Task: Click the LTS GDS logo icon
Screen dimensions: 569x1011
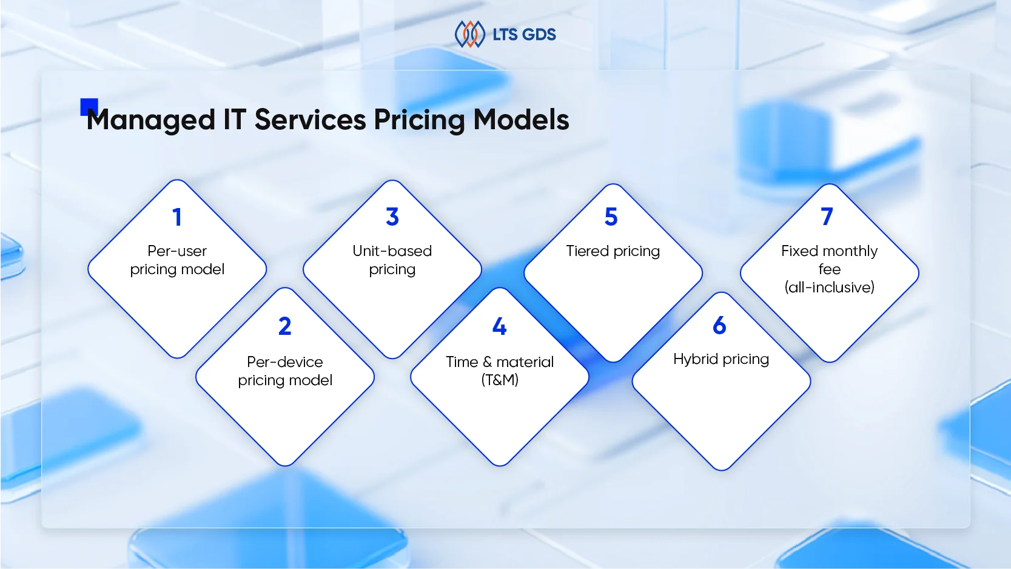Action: coord(470,34)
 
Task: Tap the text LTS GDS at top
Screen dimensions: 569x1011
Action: coord(524,35)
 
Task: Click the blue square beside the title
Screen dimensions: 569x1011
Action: coord(89,106)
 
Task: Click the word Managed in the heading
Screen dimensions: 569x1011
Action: coord(151,120)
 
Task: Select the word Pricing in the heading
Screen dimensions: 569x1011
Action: coord(419,120)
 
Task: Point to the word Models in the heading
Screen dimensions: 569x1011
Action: coord(521,120)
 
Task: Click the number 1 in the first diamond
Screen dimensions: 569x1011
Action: coord(177,217)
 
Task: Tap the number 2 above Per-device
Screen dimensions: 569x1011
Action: coord(285,326)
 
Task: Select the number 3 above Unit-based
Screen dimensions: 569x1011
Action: coord(392,217)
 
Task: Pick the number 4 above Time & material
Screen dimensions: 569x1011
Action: coord(499,326)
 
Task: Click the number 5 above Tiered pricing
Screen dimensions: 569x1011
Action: coord(611,217)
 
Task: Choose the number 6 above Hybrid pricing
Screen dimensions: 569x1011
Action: coord(719,326)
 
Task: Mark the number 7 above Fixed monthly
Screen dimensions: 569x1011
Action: coord(827,217)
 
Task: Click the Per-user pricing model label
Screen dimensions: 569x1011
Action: coord(177,260)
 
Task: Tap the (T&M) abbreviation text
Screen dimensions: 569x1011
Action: coord(500,380)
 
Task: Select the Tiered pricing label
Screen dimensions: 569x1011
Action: coord(613,251)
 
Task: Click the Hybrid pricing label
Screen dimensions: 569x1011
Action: coord(721,359)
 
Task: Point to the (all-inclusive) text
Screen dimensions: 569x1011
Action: coord(829,288)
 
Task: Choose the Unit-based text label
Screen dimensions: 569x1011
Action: coord(392,251)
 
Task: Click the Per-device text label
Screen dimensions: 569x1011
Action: coord(285,362)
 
